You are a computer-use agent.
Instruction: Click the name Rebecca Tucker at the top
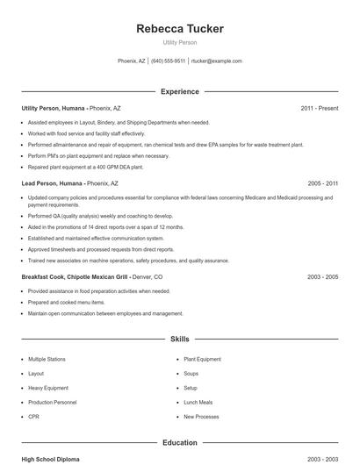click(180, 29)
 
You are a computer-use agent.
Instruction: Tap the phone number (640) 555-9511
click(168, 61)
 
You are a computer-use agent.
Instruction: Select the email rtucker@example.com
click(216, 61)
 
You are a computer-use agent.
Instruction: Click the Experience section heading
click(180, 91)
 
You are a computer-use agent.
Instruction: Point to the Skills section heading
click(180, 339)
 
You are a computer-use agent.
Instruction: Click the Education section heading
click(180, 443)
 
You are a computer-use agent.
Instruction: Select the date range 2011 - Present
click(319, 109)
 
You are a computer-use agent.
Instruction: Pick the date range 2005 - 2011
click(322, 183)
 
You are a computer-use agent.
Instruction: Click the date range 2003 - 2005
click(322, 277)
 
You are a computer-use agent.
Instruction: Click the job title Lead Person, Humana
click(53, 183)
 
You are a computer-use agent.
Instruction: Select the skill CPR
click(33, 417)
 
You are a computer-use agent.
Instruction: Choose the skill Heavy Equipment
click(47, 388)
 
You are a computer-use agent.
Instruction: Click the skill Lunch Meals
click(198, 403)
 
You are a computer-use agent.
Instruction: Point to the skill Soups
click(191, 374)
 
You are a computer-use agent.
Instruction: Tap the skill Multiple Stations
click(47, 360)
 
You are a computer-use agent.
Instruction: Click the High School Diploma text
click(52, 459)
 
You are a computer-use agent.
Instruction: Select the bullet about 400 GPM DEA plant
click(85, 167)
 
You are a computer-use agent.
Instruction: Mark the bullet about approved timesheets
click(101, 249)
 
